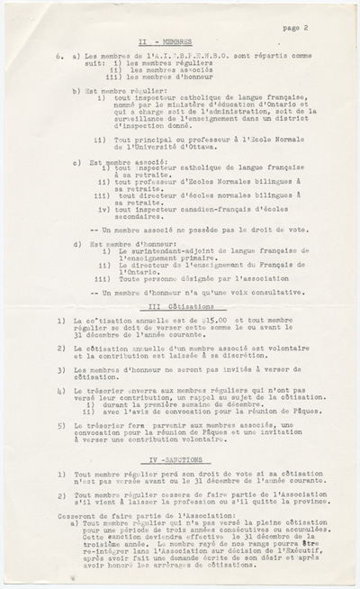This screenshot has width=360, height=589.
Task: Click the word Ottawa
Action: [x=219, y=140]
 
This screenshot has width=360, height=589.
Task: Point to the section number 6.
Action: [x=56, y=54]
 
